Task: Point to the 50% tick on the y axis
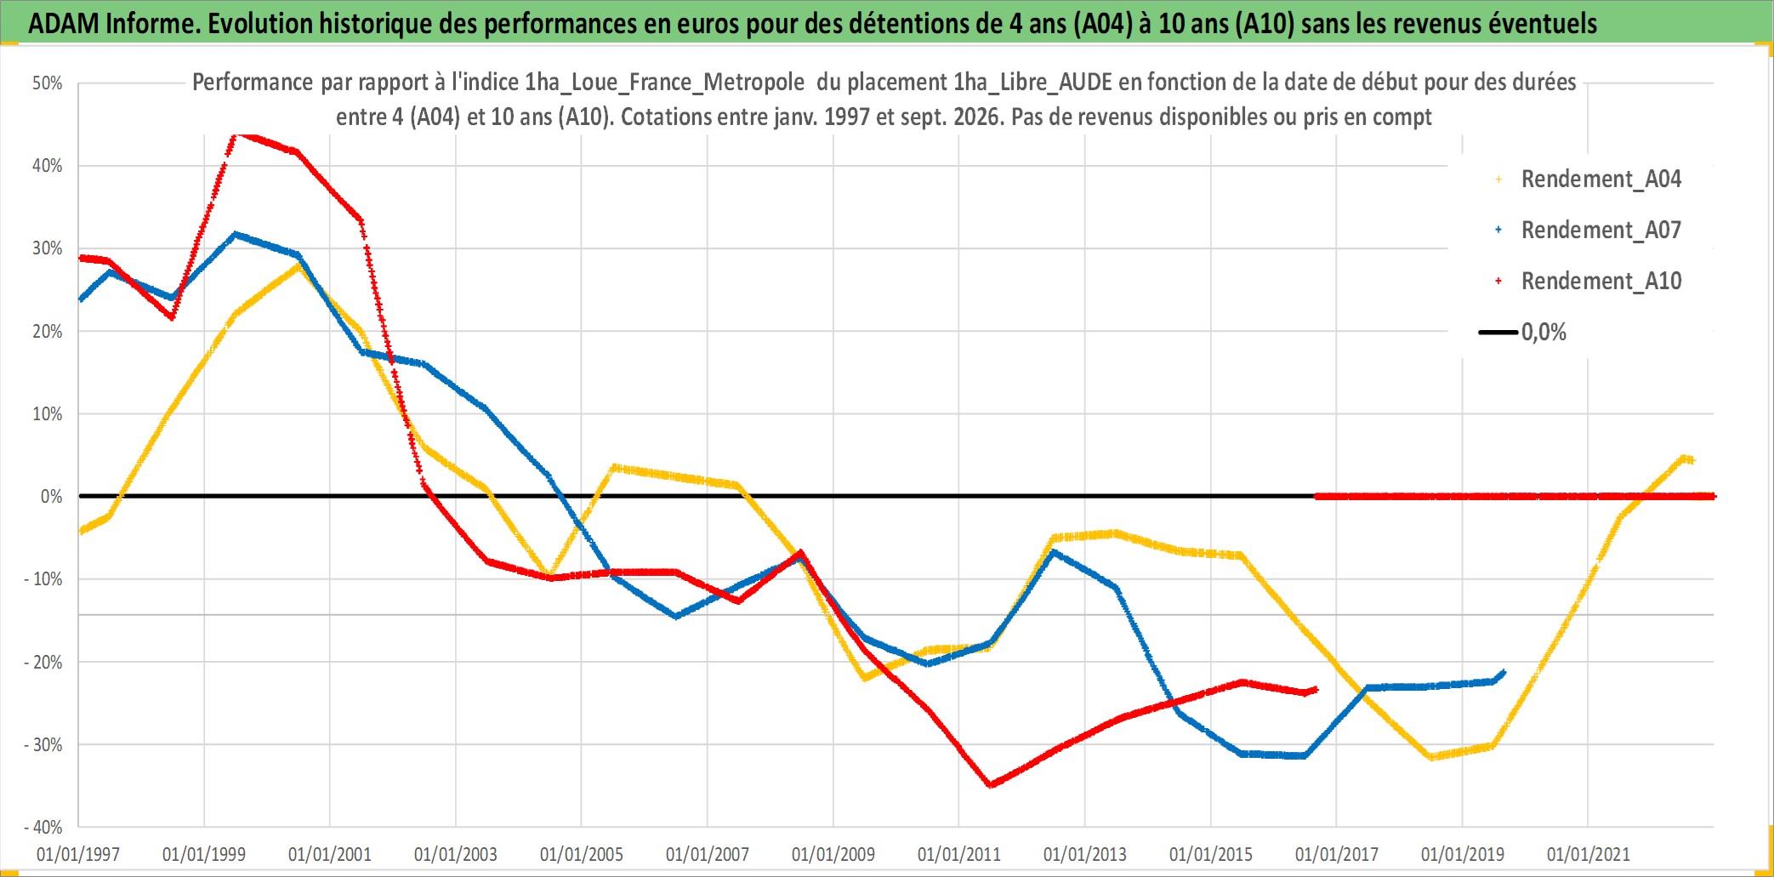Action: (x=48, y=83)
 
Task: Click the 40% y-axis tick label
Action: (x=48, y=166)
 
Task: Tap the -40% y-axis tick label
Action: (x=43, y=827)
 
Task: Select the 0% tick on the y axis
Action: (x=52, y=497)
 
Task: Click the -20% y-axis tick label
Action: (x=43, y=662)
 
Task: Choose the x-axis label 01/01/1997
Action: (x=78, y=854)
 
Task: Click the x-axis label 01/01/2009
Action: (x=833, y=854)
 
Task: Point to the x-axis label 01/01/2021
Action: (x=1589, y=854)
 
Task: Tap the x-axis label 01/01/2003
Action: (x=456, y=854)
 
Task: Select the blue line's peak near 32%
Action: (x=236, y=234)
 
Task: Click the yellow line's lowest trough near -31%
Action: (x=1432, y=756)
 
